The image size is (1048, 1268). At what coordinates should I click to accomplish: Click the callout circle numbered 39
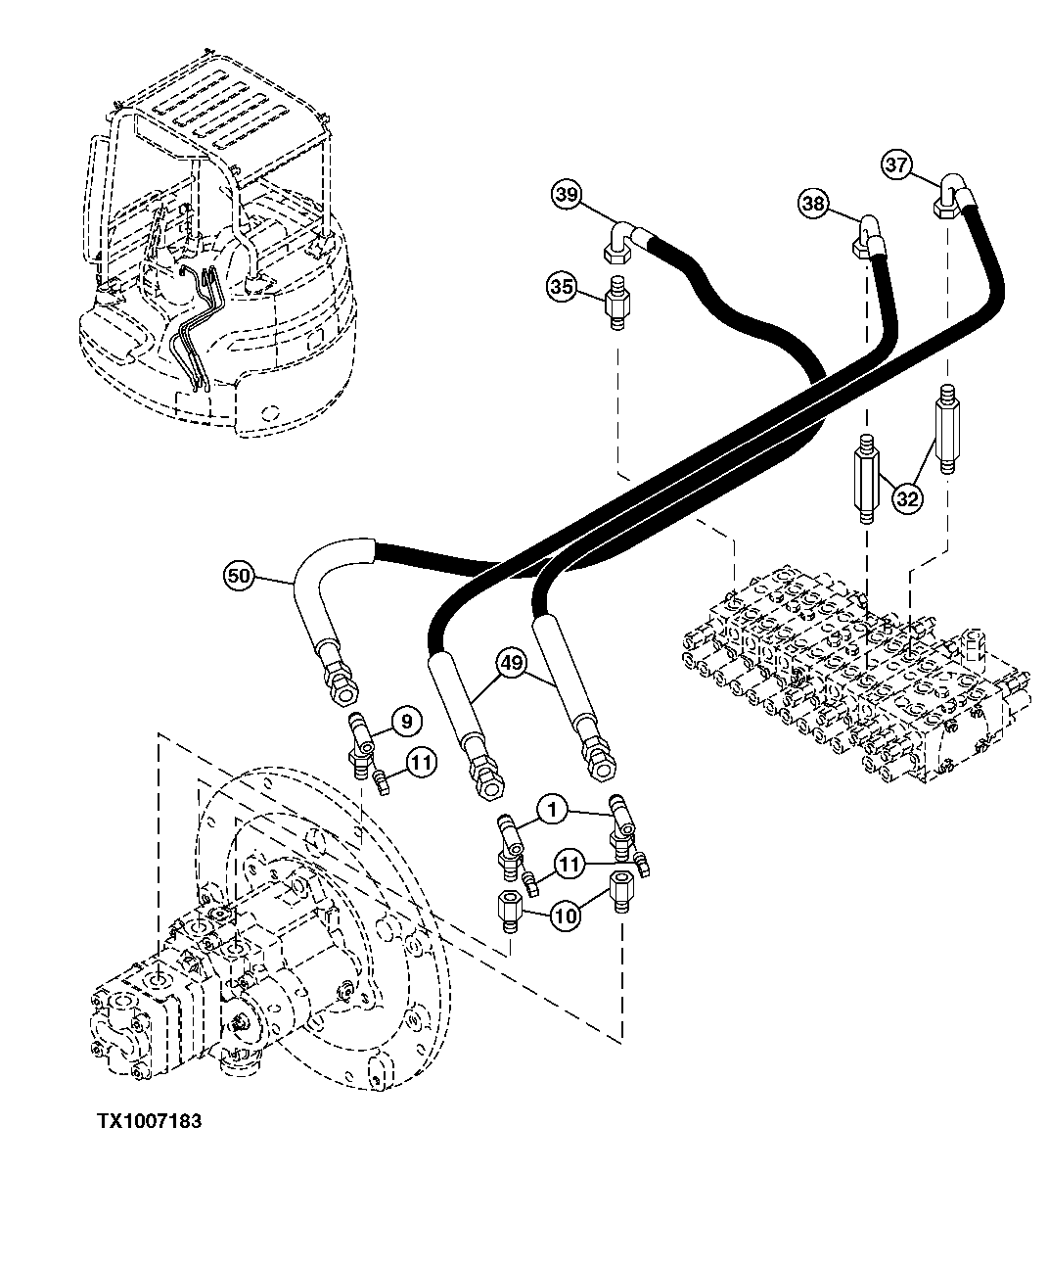[566, 195]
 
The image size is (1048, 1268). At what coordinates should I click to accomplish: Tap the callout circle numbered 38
[814, 204]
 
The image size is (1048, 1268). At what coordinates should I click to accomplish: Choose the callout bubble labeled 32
[907, 498]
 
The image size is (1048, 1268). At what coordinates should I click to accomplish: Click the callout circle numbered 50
[239, 576]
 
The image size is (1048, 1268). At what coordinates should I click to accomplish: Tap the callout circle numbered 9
[408, 722]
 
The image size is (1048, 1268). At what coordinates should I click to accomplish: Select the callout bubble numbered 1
[553, 809]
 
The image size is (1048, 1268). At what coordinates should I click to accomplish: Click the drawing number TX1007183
[149, 1121]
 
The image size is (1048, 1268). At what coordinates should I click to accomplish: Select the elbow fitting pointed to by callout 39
[618, 241]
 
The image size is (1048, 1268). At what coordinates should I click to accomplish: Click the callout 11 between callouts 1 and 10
[570, 863]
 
